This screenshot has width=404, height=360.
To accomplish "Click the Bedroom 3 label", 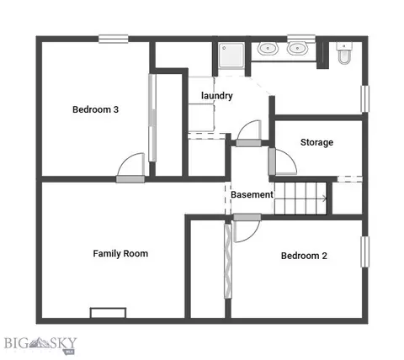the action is click(95, 109).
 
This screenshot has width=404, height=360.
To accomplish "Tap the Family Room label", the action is click(120, 253).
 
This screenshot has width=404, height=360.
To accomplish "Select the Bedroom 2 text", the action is click(304, 256).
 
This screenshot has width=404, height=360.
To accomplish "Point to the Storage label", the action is click(316, 142).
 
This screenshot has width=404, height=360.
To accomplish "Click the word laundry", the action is click(217, 96).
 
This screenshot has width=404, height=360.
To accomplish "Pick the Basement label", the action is click(252, 194).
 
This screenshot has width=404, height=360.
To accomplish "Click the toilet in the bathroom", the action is click(344, 53).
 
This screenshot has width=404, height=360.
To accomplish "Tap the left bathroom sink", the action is click(268, 49).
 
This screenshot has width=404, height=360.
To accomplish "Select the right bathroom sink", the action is click(297, 49).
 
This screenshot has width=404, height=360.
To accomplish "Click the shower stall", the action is click(231, 55).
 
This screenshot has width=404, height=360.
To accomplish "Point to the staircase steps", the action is click(300, 199).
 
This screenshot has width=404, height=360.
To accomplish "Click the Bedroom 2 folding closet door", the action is click(228, 261).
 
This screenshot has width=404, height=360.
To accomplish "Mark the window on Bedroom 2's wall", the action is click(365, 251).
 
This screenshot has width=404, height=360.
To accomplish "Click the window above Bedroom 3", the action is click(114, 39).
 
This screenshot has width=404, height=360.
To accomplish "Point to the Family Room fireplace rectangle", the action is click(108, 313).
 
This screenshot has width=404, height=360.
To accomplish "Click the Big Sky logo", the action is click(40, 344).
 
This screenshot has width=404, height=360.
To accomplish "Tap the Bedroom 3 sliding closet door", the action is click(152, 118).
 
